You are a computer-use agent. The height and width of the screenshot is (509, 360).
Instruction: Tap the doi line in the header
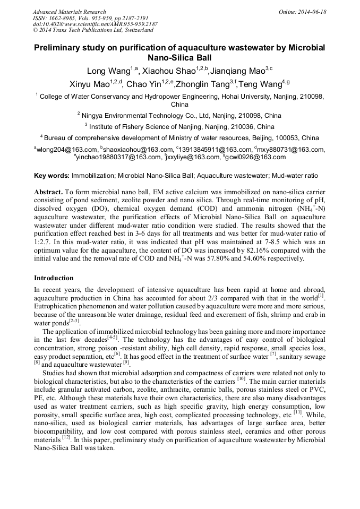(95, 24)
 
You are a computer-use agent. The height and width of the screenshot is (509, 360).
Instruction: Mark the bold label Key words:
(52, 175)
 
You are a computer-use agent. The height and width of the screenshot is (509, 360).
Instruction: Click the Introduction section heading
(54, 278)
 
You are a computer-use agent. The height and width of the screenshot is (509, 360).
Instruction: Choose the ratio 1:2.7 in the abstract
(42, 243)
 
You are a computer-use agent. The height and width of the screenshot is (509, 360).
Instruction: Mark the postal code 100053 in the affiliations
(278, 137)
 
